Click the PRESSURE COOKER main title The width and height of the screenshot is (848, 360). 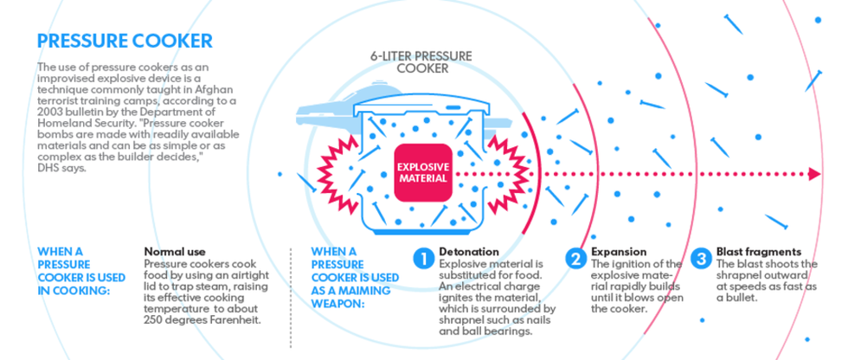tap(125, 41)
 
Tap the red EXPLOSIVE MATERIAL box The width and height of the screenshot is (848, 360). tap(422, 171)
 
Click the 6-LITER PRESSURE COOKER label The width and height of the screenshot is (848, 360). tap(421, 61)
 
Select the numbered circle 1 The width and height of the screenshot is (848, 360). tap(422, 258)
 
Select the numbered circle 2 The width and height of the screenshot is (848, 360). tap(576, 258)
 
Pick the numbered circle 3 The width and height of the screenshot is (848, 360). tap(701, 258)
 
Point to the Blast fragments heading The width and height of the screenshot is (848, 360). tap(759, 252)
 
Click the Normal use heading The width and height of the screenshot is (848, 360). tap(176, 252)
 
